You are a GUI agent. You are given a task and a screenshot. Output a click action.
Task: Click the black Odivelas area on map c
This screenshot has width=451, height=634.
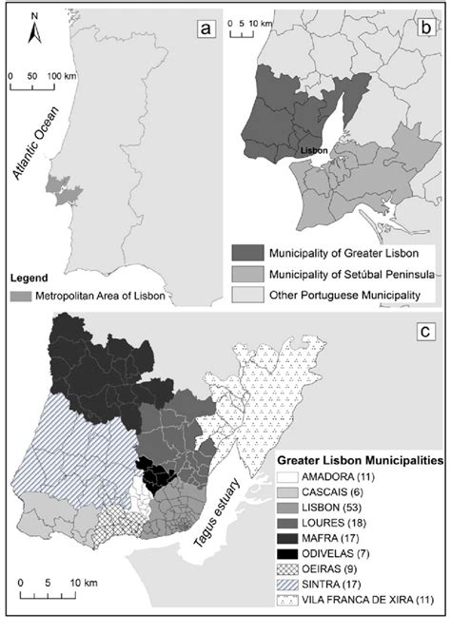tap(152, 473)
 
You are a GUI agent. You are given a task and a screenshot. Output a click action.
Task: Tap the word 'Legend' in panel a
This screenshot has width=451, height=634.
tap(29, 278)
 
